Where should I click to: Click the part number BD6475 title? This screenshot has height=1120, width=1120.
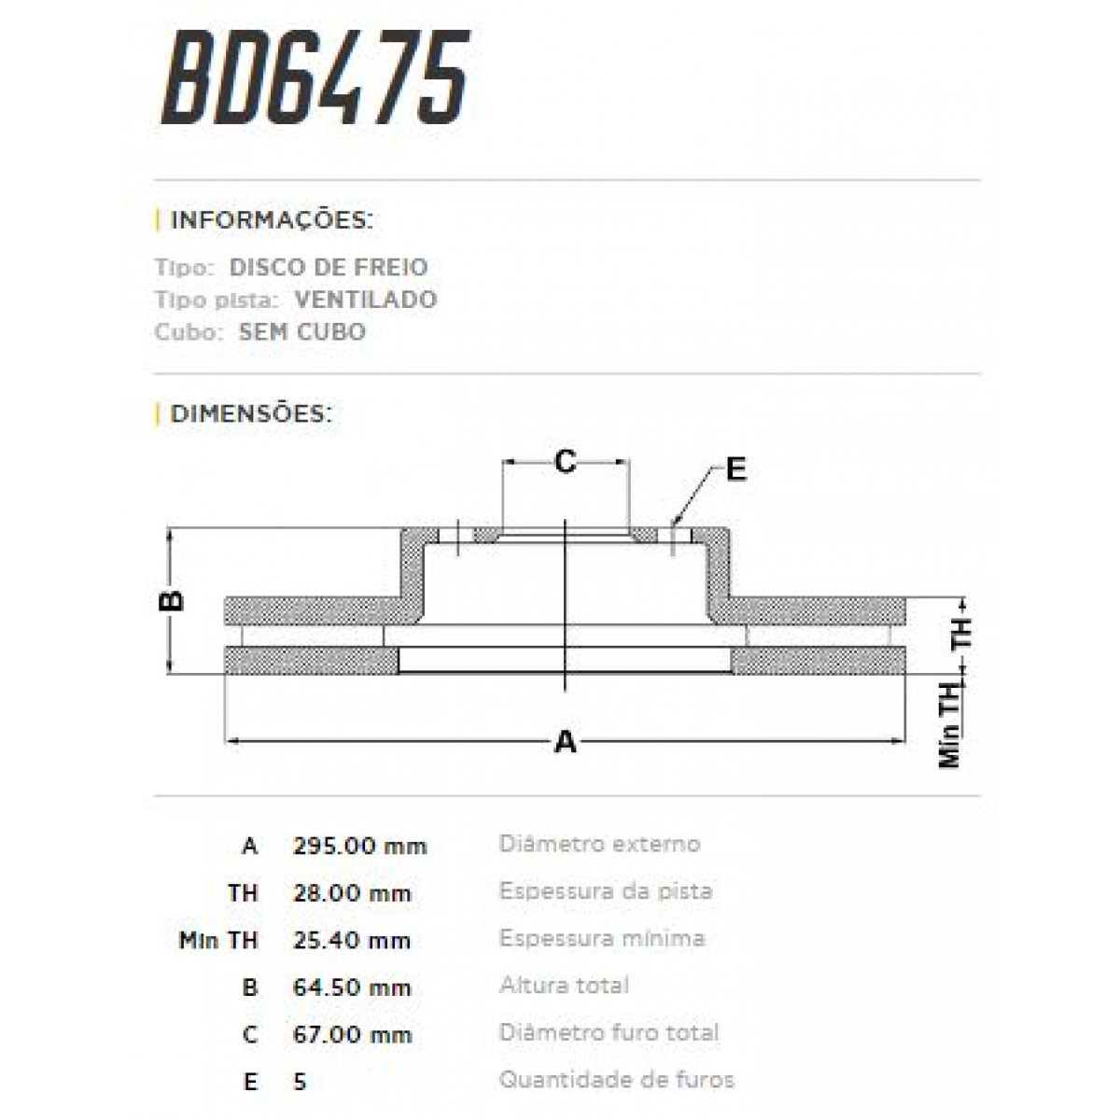315,78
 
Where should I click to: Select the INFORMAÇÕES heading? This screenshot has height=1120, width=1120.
271,221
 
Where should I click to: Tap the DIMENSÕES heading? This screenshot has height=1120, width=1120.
250,413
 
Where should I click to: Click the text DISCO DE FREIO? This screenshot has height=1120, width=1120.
329,267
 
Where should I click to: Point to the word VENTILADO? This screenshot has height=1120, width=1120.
365,300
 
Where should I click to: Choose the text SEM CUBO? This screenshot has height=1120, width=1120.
302,332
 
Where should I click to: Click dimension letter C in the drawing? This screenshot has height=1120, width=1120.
565,461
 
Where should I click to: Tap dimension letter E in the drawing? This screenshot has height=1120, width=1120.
736,469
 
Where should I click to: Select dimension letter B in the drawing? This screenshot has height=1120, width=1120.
173,600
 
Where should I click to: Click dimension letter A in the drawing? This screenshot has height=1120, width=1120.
565,743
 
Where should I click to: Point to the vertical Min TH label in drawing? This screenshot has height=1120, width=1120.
950,725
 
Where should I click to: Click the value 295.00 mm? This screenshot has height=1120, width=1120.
359,847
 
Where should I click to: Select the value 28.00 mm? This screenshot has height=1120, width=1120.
352,893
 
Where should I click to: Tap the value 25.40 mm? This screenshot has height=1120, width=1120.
352,940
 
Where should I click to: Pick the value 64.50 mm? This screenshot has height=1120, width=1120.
352,987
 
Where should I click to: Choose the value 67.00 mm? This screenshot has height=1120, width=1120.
352,1034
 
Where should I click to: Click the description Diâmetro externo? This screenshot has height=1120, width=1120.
599,844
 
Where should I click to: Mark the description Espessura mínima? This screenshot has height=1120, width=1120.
602,938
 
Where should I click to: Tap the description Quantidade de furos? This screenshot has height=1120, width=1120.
616,1080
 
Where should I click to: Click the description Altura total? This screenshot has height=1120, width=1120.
564,985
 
